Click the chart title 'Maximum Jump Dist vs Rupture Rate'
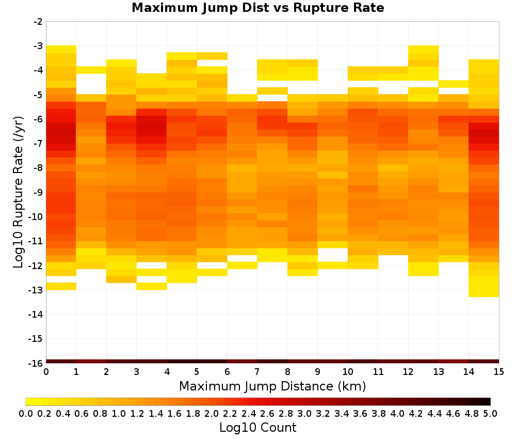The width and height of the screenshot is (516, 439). coord(258,8)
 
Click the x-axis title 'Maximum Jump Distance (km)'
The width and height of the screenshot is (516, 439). coord(272,386)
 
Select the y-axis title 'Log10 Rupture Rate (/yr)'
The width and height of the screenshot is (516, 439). coord(19,191)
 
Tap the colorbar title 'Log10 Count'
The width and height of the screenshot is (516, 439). coord(258,427)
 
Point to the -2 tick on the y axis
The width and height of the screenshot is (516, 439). coord(37,22)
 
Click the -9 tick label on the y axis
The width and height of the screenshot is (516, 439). coord(37,192)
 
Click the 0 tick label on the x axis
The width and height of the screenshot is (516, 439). coord(46,371)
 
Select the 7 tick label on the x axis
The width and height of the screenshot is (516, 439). coord(257,371)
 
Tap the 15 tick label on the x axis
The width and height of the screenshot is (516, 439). coord(498,371)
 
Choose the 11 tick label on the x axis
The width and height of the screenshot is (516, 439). coord(378,371)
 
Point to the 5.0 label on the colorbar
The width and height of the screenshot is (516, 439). coord(490,413)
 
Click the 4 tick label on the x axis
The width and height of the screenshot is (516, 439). coord(167,371)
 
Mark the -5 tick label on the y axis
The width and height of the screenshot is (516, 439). coord(37,95)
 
